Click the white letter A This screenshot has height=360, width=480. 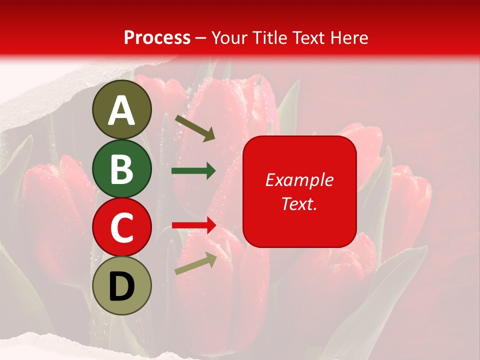tap(121, 110)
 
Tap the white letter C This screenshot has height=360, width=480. tap(121, 227)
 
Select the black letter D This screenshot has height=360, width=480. tap(121, 286)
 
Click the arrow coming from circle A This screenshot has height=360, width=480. tap(195, 128)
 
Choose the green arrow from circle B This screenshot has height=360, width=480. tap(193, 171)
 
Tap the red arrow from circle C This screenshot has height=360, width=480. tap(194, 225)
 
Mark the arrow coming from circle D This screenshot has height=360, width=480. tap(195, 263)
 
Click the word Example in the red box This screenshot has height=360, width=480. tap(299, 180)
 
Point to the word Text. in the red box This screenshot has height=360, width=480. tap(299, 203)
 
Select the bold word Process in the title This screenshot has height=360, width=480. tap(157, 37)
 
